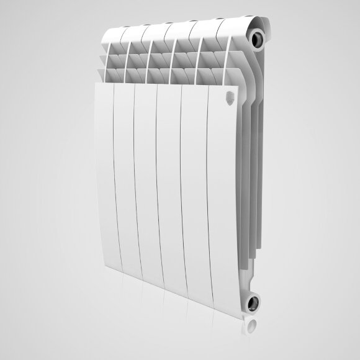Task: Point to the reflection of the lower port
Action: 251,326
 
